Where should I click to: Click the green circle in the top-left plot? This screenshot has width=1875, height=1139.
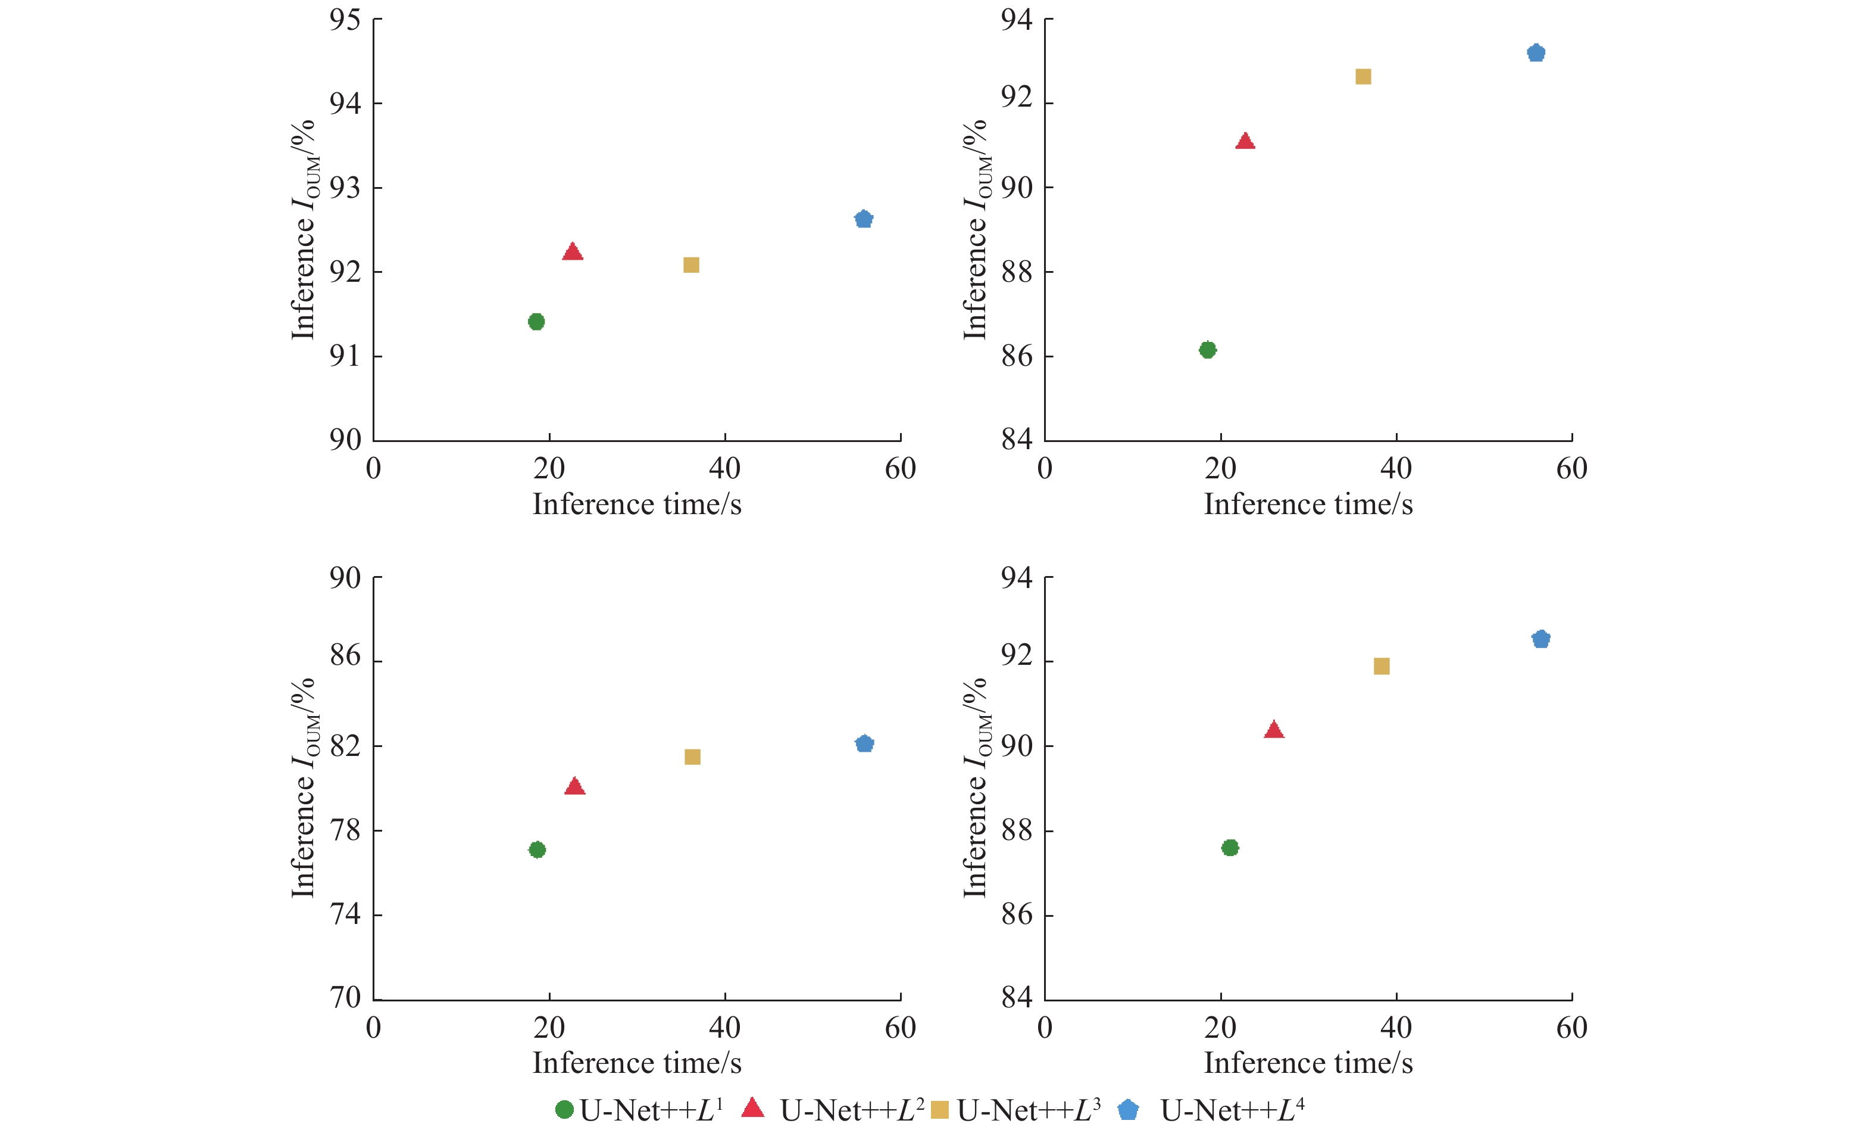(x=536, y=321)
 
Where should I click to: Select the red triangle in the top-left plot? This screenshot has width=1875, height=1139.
(x=572, y=252)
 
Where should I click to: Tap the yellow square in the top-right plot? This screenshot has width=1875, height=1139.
(x=1363, y=76)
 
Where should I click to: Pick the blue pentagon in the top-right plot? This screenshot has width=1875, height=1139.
(x=1536, y=53)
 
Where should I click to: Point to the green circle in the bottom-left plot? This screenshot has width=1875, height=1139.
(x=537, y=849)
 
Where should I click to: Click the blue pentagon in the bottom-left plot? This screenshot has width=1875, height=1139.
(x=864, y=743)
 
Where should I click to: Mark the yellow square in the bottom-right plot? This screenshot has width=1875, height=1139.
(x=1381, y=666)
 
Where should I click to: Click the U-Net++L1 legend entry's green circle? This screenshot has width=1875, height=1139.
(x=564, y=1109)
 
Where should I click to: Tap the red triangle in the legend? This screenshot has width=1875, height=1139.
(x=752, y=1109)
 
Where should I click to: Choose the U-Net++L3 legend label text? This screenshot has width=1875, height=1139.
(x=1028, y=1110)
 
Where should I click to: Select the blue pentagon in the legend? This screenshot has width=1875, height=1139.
(x=1128, y=1110)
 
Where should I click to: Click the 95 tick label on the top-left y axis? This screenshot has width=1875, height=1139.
(x=345, y=20)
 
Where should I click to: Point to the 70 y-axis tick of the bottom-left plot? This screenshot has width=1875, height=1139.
(x=345, y=997)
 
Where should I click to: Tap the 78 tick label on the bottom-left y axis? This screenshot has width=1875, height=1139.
(x=345, y=829)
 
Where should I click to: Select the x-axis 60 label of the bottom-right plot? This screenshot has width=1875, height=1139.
(x=1571, y=1028)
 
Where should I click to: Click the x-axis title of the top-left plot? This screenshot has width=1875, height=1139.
(x=636, y=504)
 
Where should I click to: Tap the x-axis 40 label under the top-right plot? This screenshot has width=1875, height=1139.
(x=1396, y=468)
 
